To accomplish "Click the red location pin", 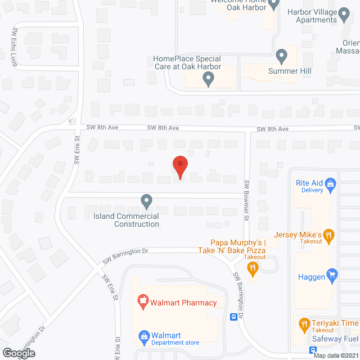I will point(179,166).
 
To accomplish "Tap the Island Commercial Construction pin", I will point(146,200).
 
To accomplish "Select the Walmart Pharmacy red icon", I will point(143,303).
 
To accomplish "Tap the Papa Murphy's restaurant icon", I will point(253,268).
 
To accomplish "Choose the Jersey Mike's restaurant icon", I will point(330,235).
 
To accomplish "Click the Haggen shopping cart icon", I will point(332,274).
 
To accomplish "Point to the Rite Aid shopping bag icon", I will point(331,183).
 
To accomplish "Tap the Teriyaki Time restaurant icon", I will point(304,323).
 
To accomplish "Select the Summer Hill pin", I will point(281,56).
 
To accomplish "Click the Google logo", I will point(19,353).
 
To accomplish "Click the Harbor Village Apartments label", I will point(319,16).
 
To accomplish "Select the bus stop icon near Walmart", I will point(233,317).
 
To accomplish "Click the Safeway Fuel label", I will point(335,339).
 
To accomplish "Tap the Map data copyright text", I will point(336,355).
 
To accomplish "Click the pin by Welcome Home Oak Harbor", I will point(274,5).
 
